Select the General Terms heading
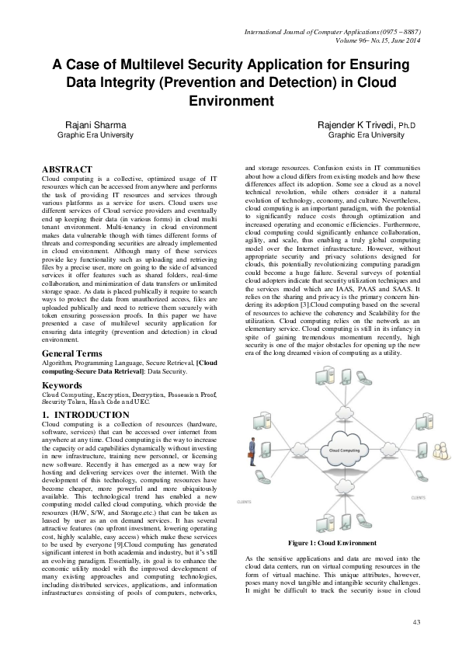point(72,353)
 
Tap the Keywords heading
point(61,385)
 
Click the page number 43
point(416,621)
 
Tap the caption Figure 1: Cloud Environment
point(332,541)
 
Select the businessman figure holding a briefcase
point(252,450)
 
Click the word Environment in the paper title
point(231,101)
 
